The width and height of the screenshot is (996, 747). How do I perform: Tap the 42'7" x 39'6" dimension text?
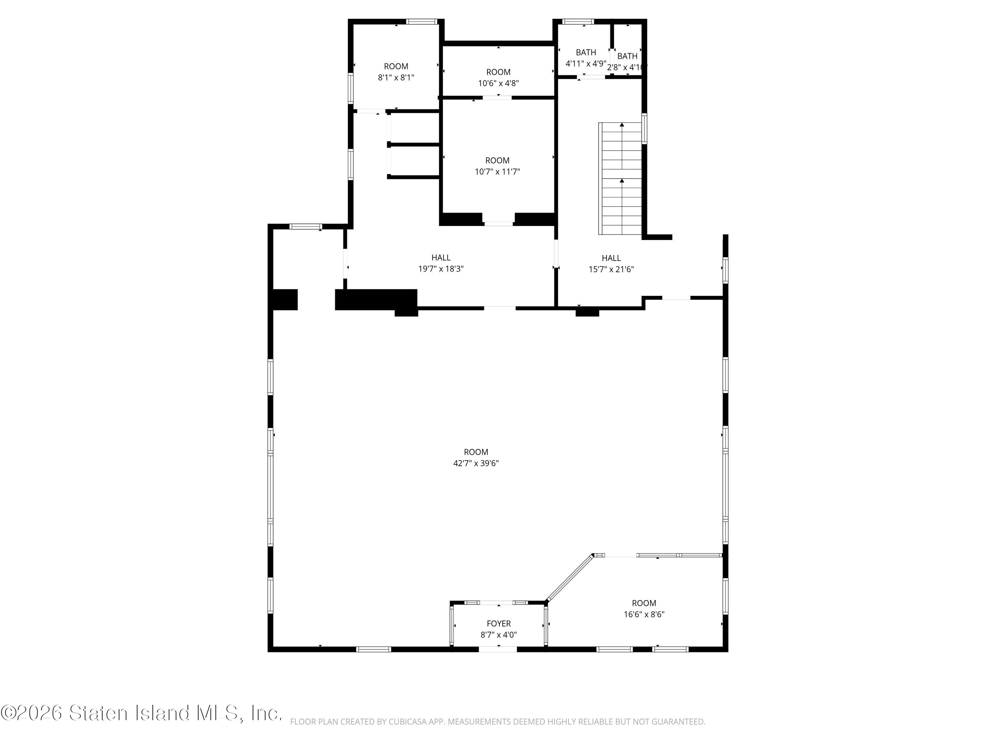point(476,463)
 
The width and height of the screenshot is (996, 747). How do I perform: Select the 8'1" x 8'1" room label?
point(396,77)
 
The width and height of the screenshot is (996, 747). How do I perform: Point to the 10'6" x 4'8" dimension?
point(498,83)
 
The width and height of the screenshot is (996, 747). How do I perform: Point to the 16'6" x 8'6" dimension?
point(644,614)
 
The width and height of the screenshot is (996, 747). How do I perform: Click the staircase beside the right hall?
point(620,178)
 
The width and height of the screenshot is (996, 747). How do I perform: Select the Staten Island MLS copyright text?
point(141,713)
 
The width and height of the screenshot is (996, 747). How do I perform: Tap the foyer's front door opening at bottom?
point(498,649)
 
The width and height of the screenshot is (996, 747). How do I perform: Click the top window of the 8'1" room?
point(421,21)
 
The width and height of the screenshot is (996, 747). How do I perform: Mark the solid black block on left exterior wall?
point(284,299)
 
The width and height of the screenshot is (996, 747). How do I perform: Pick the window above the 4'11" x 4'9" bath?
point(578,21)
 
